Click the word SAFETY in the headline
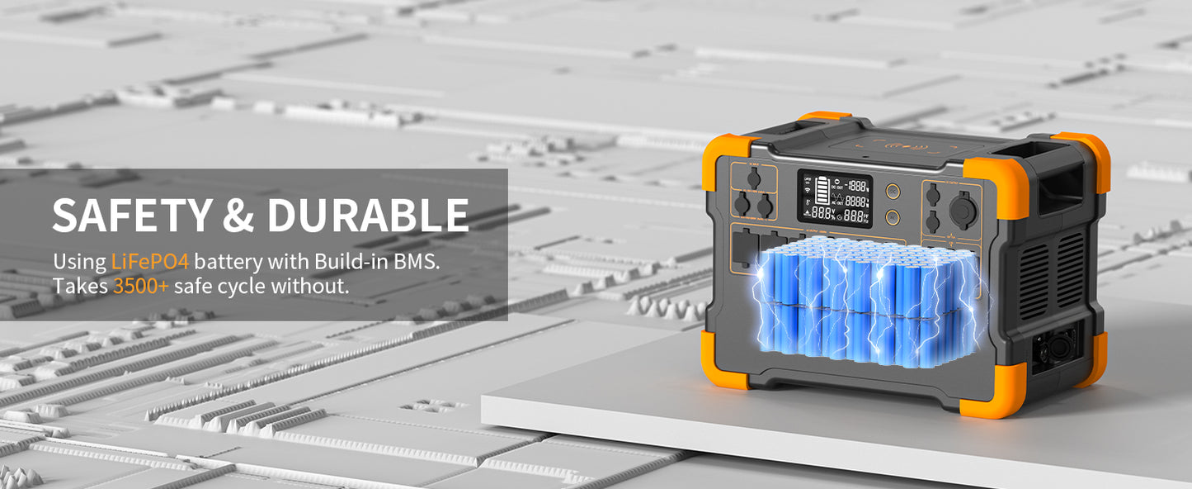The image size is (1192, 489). click(x=130, y=216)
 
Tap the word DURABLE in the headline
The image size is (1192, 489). click(x=367, y=216)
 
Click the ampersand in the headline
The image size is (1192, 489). click(x=238, y=216)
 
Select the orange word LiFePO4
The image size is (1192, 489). click(x=149, y=262)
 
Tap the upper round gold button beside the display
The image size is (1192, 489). click(x=893, y=191)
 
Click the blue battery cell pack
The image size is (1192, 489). click(x=866, y=301)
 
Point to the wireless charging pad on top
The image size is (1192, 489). click(x=907, y=150)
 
